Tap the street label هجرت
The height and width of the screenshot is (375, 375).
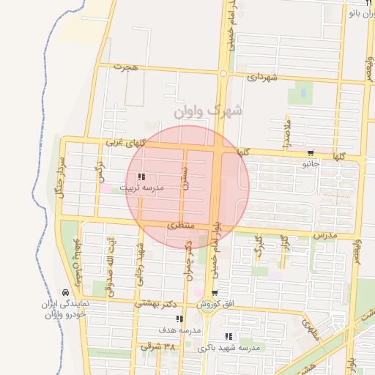pyautogui.click(x=126, y=67)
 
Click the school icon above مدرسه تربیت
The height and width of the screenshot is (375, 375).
pyautogui.click(x=141, y=177)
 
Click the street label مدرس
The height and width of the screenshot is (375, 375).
pyautogui.click(x=324, y=235)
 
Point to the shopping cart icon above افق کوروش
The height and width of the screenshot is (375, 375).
pyautogui.click(x=213, y=293)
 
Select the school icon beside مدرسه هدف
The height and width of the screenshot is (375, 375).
pyautogui.click(x=179, y=319)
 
